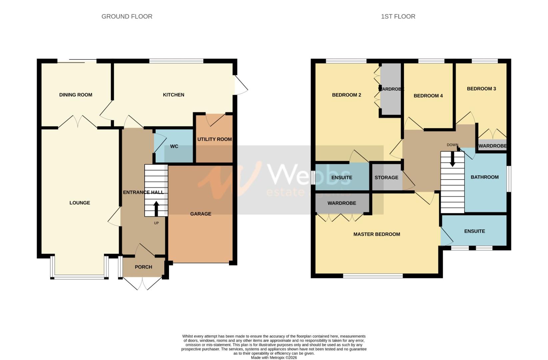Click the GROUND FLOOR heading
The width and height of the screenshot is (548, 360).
click(127, 16)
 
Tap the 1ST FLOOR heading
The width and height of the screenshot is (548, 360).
click(398, 16)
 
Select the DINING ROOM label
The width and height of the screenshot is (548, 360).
click(76, 95)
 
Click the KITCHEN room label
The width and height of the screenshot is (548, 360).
click(174, 95)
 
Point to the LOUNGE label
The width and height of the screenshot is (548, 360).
click(80, 203)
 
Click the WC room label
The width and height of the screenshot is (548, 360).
click(174, 146)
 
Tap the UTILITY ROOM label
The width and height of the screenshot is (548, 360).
click(215, 139)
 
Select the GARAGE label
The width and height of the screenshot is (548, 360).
click(201, 214)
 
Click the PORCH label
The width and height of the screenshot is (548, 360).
click(144, 267)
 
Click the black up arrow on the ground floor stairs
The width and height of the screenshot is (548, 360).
click(156, 209)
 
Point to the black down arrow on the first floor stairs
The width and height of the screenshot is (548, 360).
click(453, 159)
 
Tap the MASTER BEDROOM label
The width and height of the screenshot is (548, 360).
click(377, 234)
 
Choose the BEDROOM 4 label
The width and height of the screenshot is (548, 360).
click(428, 96)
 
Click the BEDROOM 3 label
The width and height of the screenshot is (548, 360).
click(481, 89)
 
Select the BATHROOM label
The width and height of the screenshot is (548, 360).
click(485, 177)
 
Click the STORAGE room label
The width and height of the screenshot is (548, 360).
click(387, 178)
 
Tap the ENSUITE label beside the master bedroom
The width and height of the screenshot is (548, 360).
click(475, 231)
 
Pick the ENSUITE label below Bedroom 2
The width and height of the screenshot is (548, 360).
click(342, 178)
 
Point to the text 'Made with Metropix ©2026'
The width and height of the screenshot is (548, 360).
click(274, 358)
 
